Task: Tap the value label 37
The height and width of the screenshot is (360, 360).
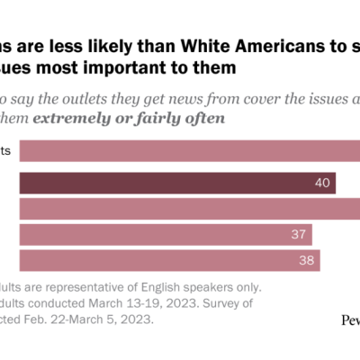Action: (299, 235)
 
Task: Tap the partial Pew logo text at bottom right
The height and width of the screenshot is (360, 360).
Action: (350, 319)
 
